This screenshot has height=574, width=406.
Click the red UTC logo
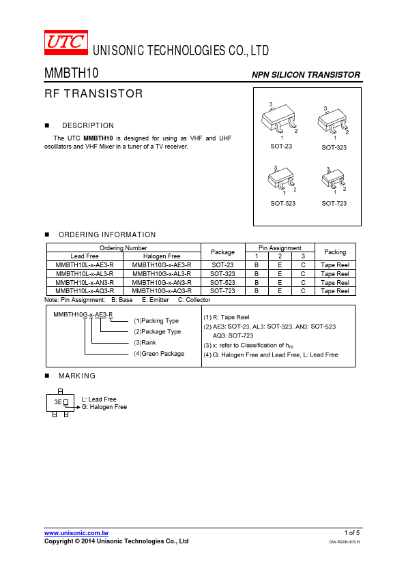click(x=66, y=42)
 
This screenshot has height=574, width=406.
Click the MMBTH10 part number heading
click(x=72, y=73)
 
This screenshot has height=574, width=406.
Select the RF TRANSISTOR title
click(x=93, y=93)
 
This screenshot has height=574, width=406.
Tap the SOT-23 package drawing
click(x=279, y=120)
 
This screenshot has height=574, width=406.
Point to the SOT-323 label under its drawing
click(x=334, y=147)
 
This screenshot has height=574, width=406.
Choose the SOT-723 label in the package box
click(x=334, y=204)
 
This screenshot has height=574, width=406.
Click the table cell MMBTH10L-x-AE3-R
click(x=85, y=265)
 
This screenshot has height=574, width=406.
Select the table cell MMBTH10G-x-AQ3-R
click(x=162, y=291)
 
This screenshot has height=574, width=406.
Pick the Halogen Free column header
click(x=162, y=256)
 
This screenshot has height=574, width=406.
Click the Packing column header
click(x=335, y=252)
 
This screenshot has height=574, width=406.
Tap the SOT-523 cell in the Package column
click(x=222, y=283)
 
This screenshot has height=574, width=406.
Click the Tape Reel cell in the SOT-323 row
click(x=335, y=274)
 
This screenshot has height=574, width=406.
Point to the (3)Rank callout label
click(x=145, y=343)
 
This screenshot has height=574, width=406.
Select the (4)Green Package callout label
click(x=159, y=354)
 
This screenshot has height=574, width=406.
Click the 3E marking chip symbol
click(x=61, y=403)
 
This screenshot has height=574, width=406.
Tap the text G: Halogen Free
click(x=104, y=407)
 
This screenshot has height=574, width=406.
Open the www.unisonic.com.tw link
click(x=76, y=533)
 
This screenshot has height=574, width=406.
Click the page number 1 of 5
click(x=352, y=533)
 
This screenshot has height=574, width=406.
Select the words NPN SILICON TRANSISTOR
click(x=306, y=75)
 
